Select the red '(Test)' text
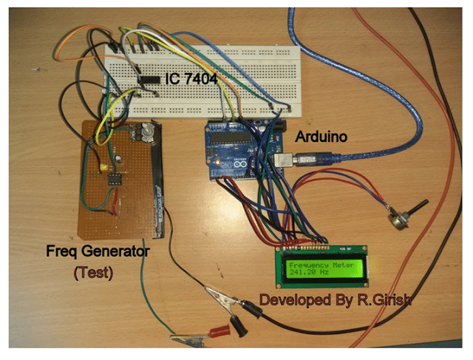pyautogui.click(x=93, y=273)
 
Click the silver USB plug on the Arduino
pyautogui.click(x=284, y=157)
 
